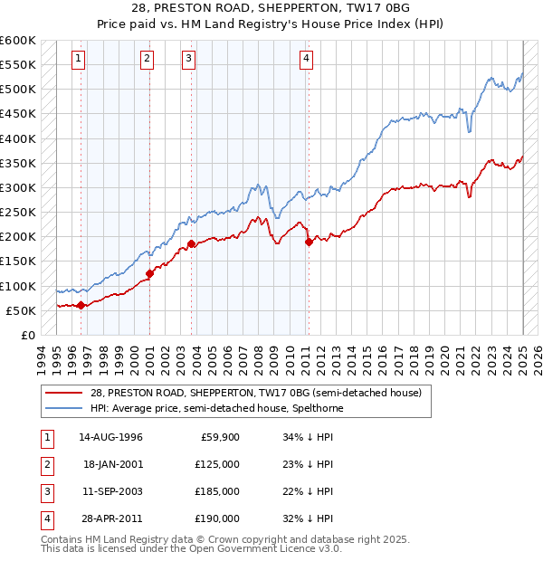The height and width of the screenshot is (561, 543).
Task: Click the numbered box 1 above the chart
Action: pyautogui.click(x=80, y=60)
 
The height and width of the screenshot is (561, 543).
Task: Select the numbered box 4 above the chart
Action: pyautogui.click(x=307, y=60)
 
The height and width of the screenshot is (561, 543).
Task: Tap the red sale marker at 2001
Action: pyautogui.click(x=149, y=273)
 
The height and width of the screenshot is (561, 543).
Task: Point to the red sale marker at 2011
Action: pyautogui.click(x=309, y=242)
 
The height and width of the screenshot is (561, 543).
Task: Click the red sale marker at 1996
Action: pyautogui.click(x=81, y=305)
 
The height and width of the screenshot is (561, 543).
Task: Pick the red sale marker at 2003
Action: pyautogui.click(x=192, y=244)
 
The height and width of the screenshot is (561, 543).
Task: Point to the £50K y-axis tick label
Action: pyautogui.click(x=21, y=310)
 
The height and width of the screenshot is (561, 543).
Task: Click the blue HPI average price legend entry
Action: pyautogui.click(x=216, y=409)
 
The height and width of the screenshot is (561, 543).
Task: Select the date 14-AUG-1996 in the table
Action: pyautogui.click(x=110, y=437)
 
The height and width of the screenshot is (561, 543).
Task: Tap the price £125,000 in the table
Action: pyautogui.click(x=218, y=464)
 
